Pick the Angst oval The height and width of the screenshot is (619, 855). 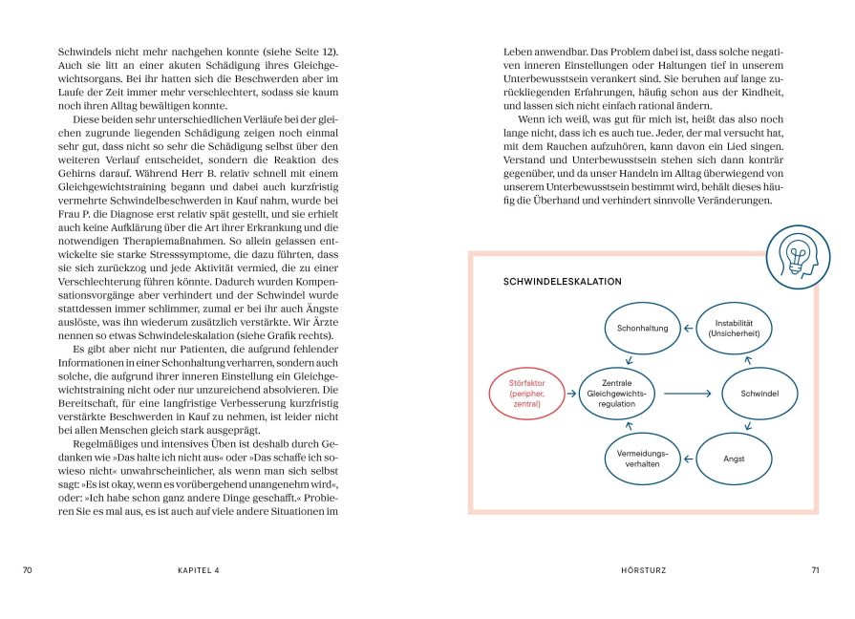[733, 458]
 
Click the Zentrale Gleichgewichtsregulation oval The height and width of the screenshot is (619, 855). [616, 393]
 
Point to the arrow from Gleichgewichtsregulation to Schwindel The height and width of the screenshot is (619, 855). [688, 393]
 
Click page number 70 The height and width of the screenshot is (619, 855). [28, 570]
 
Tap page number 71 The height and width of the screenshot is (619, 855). [815, 570]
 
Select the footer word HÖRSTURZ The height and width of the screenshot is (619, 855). [643, 570]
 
